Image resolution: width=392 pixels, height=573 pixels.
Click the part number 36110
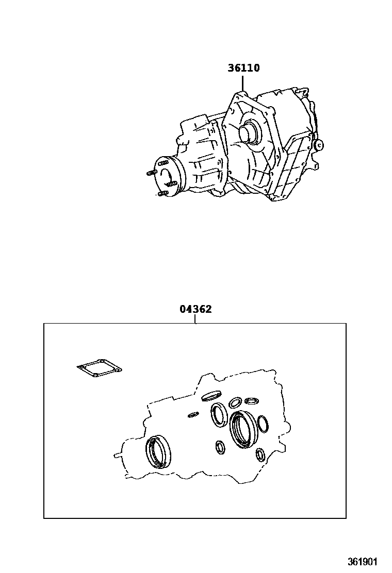(243, 68)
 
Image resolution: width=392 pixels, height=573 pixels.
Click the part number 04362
(195, 309)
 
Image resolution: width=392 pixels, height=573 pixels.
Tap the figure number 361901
(362, 561)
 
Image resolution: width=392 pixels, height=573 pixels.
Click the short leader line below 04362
(195, 318)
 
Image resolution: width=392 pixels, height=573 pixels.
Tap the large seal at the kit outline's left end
(158, 450)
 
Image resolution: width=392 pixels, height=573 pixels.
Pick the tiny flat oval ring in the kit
(193, 414)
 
